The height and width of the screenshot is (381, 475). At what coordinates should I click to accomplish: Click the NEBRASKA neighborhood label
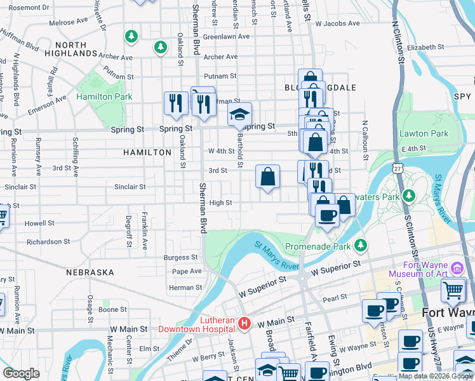(x=90, y=272)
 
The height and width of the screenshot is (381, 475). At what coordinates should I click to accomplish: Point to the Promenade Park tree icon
(x=361, y=244)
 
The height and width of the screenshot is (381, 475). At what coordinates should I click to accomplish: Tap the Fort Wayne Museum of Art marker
(x=457, y=265)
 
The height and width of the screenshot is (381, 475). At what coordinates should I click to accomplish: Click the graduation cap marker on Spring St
(x=239, y=115)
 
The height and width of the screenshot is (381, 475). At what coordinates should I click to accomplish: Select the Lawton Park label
(x=424, y=133)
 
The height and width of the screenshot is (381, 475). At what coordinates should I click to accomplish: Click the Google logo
(x=21, y=373)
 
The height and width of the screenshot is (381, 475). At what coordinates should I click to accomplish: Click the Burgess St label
(x=180, y=257)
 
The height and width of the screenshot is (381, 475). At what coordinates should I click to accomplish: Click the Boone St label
(x=112, y=309)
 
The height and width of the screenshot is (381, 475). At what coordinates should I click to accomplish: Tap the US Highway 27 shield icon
(x=398, y=168)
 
